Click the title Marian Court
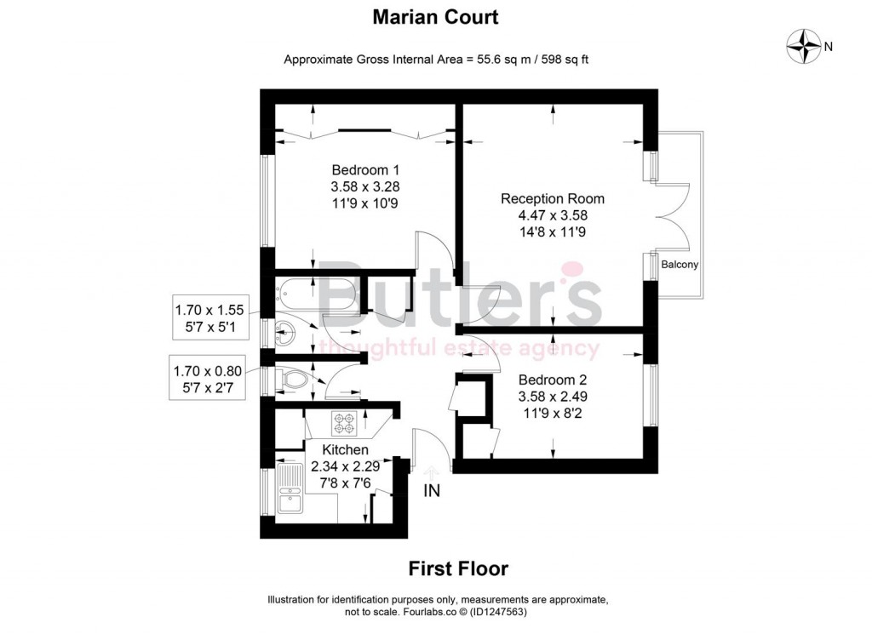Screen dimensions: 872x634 tap(435, 17)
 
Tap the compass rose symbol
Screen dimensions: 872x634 tap(804, 46)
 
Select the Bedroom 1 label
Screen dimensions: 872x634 tap(365, 170)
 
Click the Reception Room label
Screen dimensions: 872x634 tap(552, 198)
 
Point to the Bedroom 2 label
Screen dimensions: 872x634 tap(552, 380)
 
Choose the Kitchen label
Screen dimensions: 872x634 tap(346, 449)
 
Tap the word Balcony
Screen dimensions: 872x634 tap(680, 265)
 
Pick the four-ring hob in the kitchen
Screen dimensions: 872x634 tap(344, 424)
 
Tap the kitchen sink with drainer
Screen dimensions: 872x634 tap(290, 489)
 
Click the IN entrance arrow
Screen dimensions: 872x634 tap(432, 474)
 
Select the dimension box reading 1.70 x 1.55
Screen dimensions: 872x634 tap(209, 317)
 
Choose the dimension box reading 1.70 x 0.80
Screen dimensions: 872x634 tap(208, 379)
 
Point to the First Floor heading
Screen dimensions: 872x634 tap(458, 568)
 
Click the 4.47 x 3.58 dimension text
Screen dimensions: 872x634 tap(552, 215)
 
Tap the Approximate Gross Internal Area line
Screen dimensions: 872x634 tap(436, 60)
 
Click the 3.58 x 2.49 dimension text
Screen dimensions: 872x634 tap(553, 397)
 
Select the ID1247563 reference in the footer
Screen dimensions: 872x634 tap(498, 613)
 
